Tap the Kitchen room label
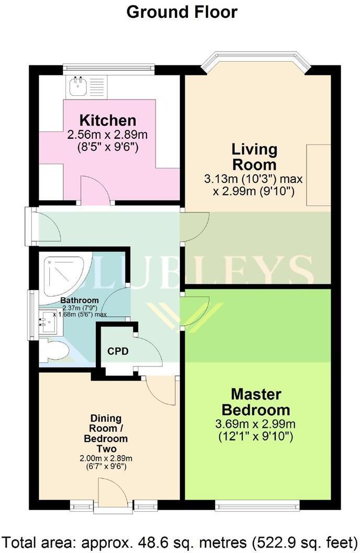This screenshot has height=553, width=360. click(x=108, y=120)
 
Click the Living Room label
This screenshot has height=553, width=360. click(x=254, y=156)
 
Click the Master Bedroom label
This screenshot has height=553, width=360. click(x=256, y=401)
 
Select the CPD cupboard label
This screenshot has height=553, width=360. click(x=118, y=351)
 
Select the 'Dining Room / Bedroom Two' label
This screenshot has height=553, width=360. click(x=106, y=434)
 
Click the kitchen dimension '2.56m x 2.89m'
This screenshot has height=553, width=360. click(x=108, y=135)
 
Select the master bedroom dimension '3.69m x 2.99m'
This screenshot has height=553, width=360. click(x=256, y=422)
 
